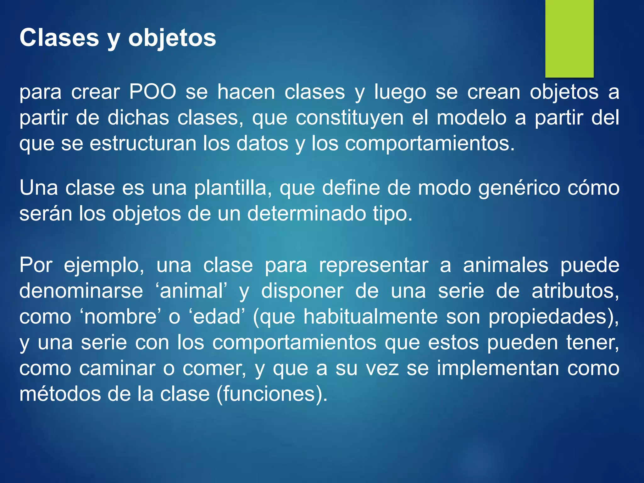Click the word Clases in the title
click(59, 38)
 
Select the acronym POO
click(153, 92)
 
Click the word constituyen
click(350, 118)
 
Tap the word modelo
click(472, 118)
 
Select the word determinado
click(307, 214)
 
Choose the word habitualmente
click(370, 317)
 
